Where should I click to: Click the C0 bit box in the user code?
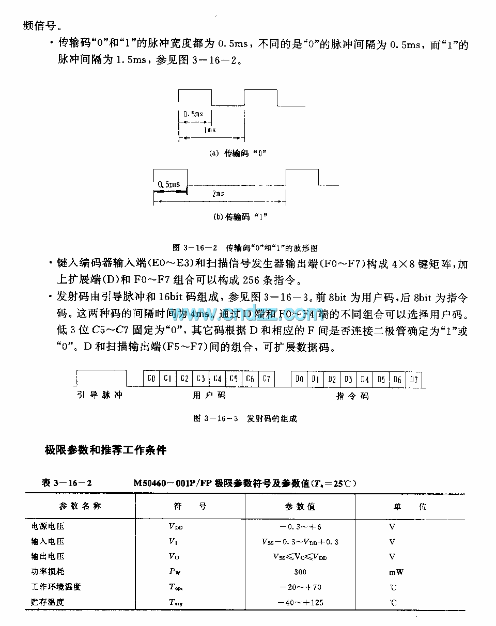[x=151, y=379]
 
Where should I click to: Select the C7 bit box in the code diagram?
[x=266, y=379]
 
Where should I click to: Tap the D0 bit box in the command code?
[x=299, y=380]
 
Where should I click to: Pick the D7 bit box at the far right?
[x=414, y=380]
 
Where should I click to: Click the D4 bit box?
[x=365, y=380]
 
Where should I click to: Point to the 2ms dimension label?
[x=218, y=193]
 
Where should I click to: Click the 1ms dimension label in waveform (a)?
[x=210, y=130]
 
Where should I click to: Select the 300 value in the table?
[x=300, y=572]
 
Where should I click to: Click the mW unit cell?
[x=396, y=572]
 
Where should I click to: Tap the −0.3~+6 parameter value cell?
[x=300, y=527]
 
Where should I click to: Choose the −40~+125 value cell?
[x=300, y=602]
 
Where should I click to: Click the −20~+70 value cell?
[x=300, y=587]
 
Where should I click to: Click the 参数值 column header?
[x=300, y=507]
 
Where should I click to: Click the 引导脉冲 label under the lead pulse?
[x=100, y=396]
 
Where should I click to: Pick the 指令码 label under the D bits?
[x=352, y=396]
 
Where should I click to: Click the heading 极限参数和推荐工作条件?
[x=105, y=450]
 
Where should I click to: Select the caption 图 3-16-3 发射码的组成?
[x=245, y=418]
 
